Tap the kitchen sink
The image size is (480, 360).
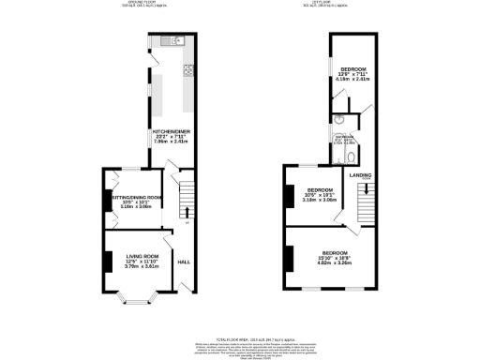(x=172, y=40)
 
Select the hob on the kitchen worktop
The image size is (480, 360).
(x=187, y=69)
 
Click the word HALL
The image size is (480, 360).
(x=184, y=262)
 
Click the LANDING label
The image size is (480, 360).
(x=361, y=174)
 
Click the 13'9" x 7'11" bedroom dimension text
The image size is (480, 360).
(x=353, y=77)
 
